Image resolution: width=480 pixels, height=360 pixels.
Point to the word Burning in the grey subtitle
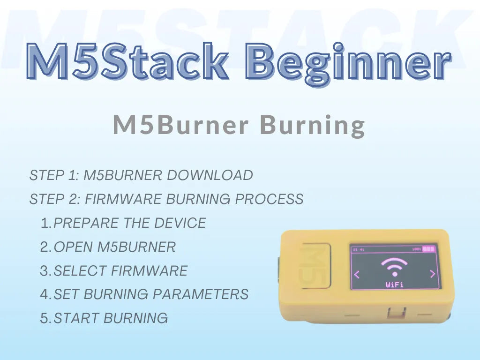[312, 125]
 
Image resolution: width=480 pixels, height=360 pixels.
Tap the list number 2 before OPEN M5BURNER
[45, 247]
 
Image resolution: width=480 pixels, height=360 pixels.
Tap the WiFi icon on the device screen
[394, 267]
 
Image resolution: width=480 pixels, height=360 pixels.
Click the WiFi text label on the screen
[394, 284]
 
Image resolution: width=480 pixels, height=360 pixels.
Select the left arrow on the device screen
[357, 274]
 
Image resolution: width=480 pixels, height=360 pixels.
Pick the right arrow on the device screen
[432, 274]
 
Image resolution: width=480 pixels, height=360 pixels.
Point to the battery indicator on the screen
[428, 249]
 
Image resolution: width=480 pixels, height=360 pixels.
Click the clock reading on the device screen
[359, 249]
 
